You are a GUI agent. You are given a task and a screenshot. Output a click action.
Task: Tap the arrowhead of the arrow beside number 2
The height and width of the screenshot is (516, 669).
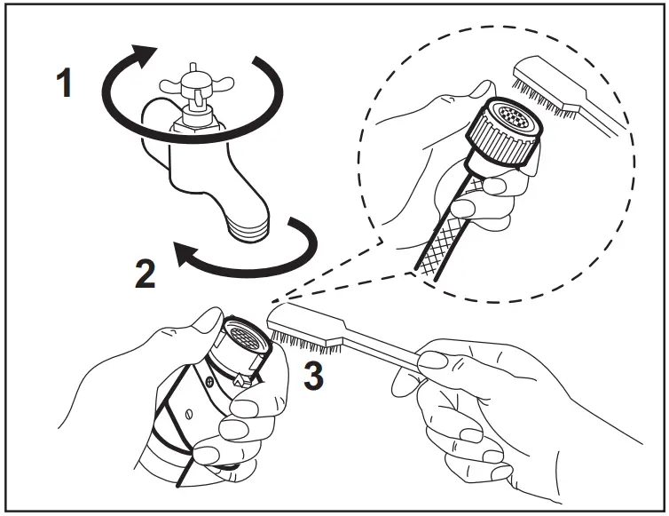tap(185, 257)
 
